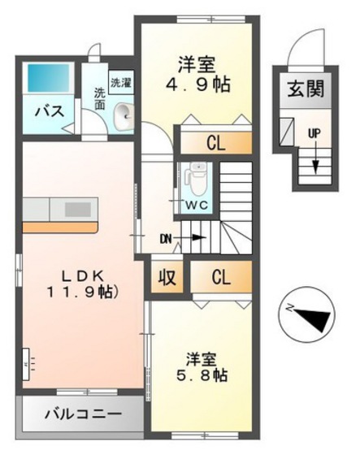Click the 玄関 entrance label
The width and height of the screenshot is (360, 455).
305,89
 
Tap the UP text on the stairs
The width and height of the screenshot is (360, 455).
312,132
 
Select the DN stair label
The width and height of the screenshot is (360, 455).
167,237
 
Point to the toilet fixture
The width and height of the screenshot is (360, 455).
195,175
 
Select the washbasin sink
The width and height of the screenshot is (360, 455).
124,116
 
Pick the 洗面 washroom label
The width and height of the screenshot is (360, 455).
99,98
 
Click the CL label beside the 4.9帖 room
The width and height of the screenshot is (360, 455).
215,145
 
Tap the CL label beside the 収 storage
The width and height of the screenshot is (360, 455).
221,276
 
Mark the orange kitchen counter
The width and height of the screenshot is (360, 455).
61,217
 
